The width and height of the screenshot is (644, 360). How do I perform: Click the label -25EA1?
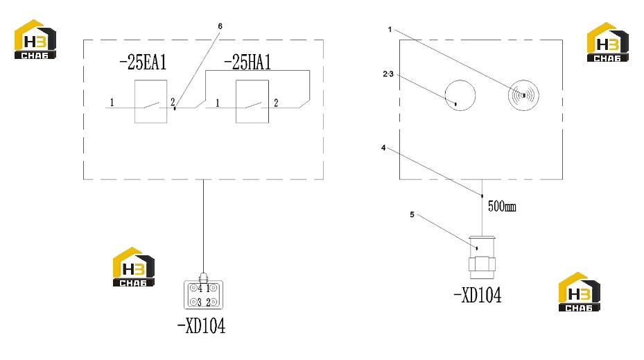click(143, 62)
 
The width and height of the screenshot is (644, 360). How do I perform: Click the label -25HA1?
click(247, 62)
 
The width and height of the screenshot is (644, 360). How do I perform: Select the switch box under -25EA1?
click(150, 101)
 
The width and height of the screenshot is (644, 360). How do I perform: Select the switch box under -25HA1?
click(252, 101)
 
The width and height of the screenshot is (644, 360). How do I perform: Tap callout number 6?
click(220, 26)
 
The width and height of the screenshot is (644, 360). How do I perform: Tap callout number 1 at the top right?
click(390, 30)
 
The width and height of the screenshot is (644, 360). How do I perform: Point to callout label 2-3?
click(388, 74)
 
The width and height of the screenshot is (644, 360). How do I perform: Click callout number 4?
click(383, 148)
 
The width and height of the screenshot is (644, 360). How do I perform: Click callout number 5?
click(412, 214)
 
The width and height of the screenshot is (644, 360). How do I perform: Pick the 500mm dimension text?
click(502, 206)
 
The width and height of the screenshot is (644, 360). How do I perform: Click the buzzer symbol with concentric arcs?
click(523, 95)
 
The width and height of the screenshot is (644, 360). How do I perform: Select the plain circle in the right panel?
click(460, 95)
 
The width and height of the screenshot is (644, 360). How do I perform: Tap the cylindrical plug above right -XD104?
click(482, 257)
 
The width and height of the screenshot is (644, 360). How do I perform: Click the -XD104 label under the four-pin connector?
click(201, 326)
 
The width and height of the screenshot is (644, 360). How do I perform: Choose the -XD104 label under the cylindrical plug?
click(477, 295)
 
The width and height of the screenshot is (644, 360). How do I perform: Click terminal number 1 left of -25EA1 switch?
click(112, 103)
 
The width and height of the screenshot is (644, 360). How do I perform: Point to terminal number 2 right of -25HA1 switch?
click(276, 103)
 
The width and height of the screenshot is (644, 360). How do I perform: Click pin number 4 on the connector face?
click(200, 288)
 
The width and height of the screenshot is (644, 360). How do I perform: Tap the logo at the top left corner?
click(35, 40)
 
